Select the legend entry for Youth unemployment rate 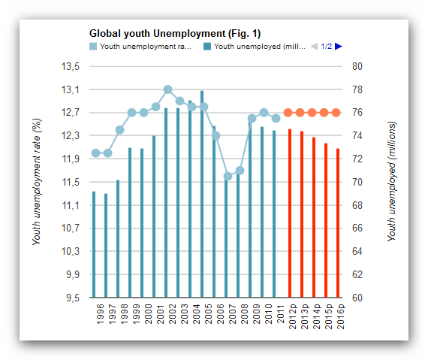tap(140, 47)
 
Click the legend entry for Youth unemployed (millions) tap(255, 47)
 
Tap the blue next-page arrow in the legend tap(339, 47)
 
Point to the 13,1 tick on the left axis tap(71, 89)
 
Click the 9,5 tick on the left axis tap(73, 298)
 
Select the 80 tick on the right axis tap(357, 66)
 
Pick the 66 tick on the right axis tap(357, 228)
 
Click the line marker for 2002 tap(168, 89)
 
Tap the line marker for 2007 tap(228, 176)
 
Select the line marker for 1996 tap(96, 153)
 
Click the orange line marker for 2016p tap(336, 112)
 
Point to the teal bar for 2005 tap(202, 194)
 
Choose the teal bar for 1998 tap(118, 239)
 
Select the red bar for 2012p tap(290, 213)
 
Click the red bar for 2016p tap(338, 223)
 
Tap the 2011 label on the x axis tap(280, 314)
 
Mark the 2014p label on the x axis tap(316, 316)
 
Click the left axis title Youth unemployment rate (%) tap(37, 181)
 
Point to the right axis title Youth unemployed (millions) tap(391, 181)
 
